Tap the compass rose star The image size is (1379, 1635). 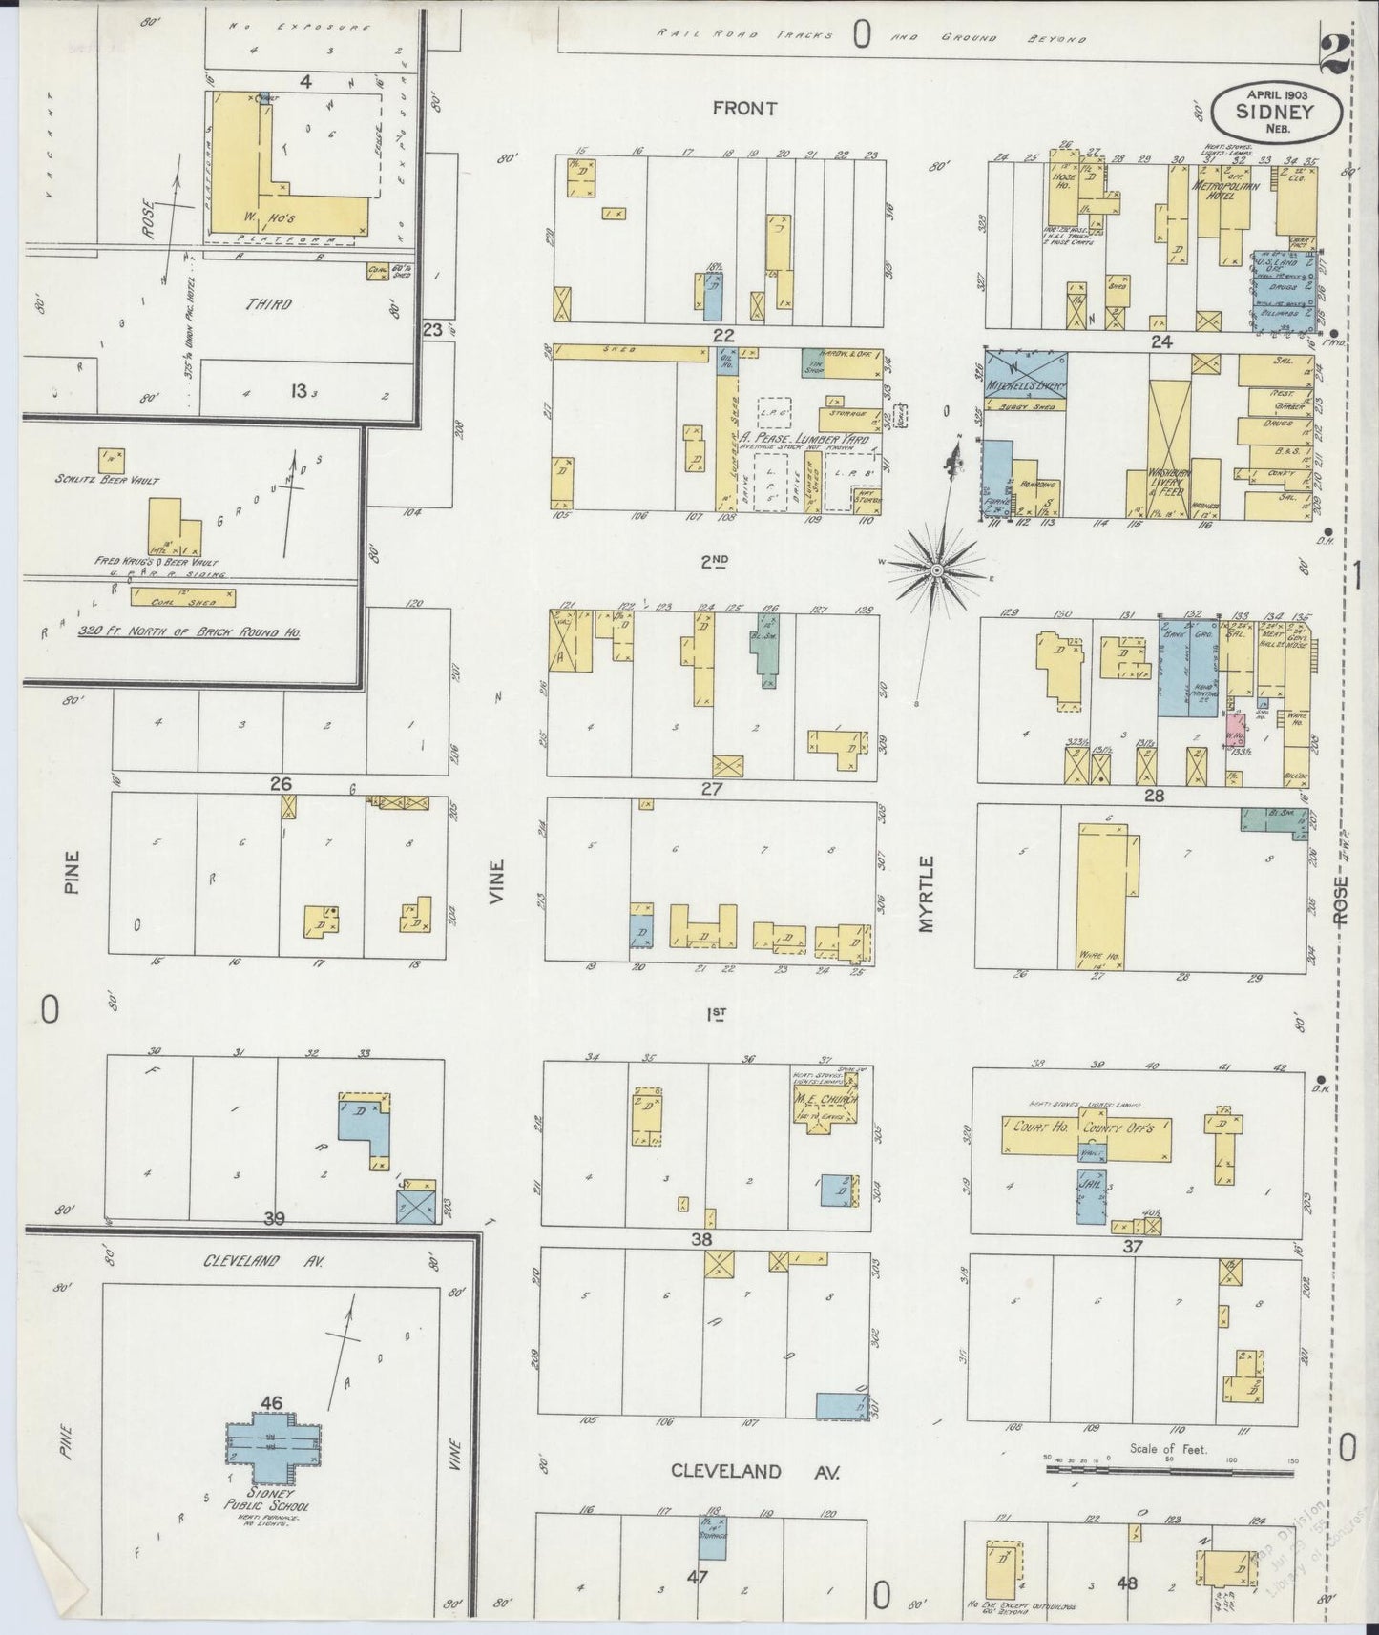pyautogui.click(x=937, y=569)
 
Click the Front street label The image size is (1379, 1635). pyautogui.click(x=744, y=109)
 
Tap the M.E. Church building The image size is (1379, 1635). pyautogui.click(x=826, y=1108)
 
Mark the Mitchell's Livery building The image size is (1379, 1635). pyautogui.click(x=1025, y=376)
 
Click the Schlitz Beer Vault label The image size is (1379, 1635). pyautogui.click(x=108, y=480)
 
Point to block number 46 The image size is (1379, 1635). pyautogui.click(x=272, y=1402)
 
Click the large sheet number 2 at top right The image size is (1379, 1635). pyautogui.click(x=1333, y=54)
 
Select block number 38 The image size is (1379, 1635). pyautogui.click(x=702, y=1240)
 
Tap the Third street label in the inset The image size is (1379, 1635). pyautogui.click(x=269, y=304)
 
